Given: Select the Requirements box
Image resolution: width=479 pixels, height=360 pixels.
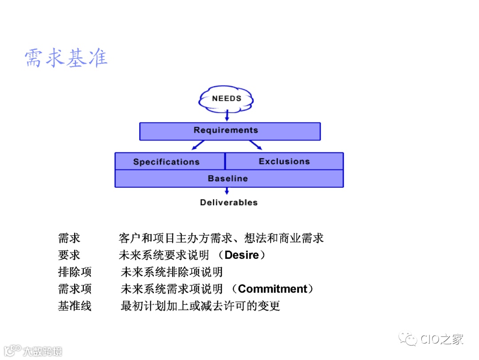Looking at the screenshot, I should pyautogui.click(x=230, y=131).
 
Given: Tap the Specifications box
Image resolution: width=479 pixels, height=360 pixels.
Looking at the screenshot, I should pyautogui.click(x=170, y=162).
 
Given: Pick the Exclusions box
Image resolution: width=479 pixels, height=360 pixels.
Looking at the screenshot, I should pyautogui.click(x=284, y=161).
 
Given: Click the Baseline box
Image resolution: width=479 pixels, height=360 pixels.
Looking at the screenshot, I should pyautogui.click(x=229, y=178).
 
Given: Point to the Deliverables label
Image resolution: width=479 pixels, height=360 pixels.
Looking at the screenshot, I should pyautogui.click(x=228, y=202).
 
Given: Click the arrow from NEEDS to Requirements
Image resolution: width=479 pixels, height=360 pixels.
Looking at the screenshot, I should pyautogui.click(x=227, y=115).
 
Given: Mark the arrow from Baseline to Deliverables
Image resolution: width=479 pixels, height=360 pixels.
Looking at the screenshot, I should pyautogui.click(x=227, y=191).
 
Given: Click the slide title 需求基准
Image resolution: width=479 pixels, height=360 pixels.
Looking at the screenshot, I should pyautogui.click(x=66, y=59).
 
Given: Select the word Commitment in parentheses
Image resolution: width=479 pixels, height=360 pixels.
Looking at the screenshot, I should pyautogui.click(x=272, y=289).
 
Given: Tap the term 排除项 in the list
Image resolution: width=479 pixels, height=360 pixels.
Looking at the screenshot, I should pyautogui.click(x=75, y=272).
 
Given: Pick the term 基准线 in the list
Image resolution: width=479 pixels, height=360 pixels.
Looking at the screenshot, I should pyautogui.click(x=75, y=306).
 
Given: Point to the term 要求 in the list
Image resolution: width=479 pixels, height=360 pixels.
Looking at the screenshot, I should pyautogui.click(x=69, y=255).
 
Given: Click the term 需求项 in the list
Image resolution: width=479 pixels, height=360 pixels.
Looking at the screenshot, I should pyautogui.click(x=75, y=289).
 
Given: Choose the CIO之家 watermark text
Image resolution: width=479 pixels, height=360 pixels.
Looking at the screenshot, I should pyautogui.click(x=442, y=340).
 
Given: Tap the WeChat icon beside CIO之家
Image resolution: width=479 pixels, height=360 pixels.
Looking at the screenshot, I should pyautogui.click(x=407, y=340).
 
